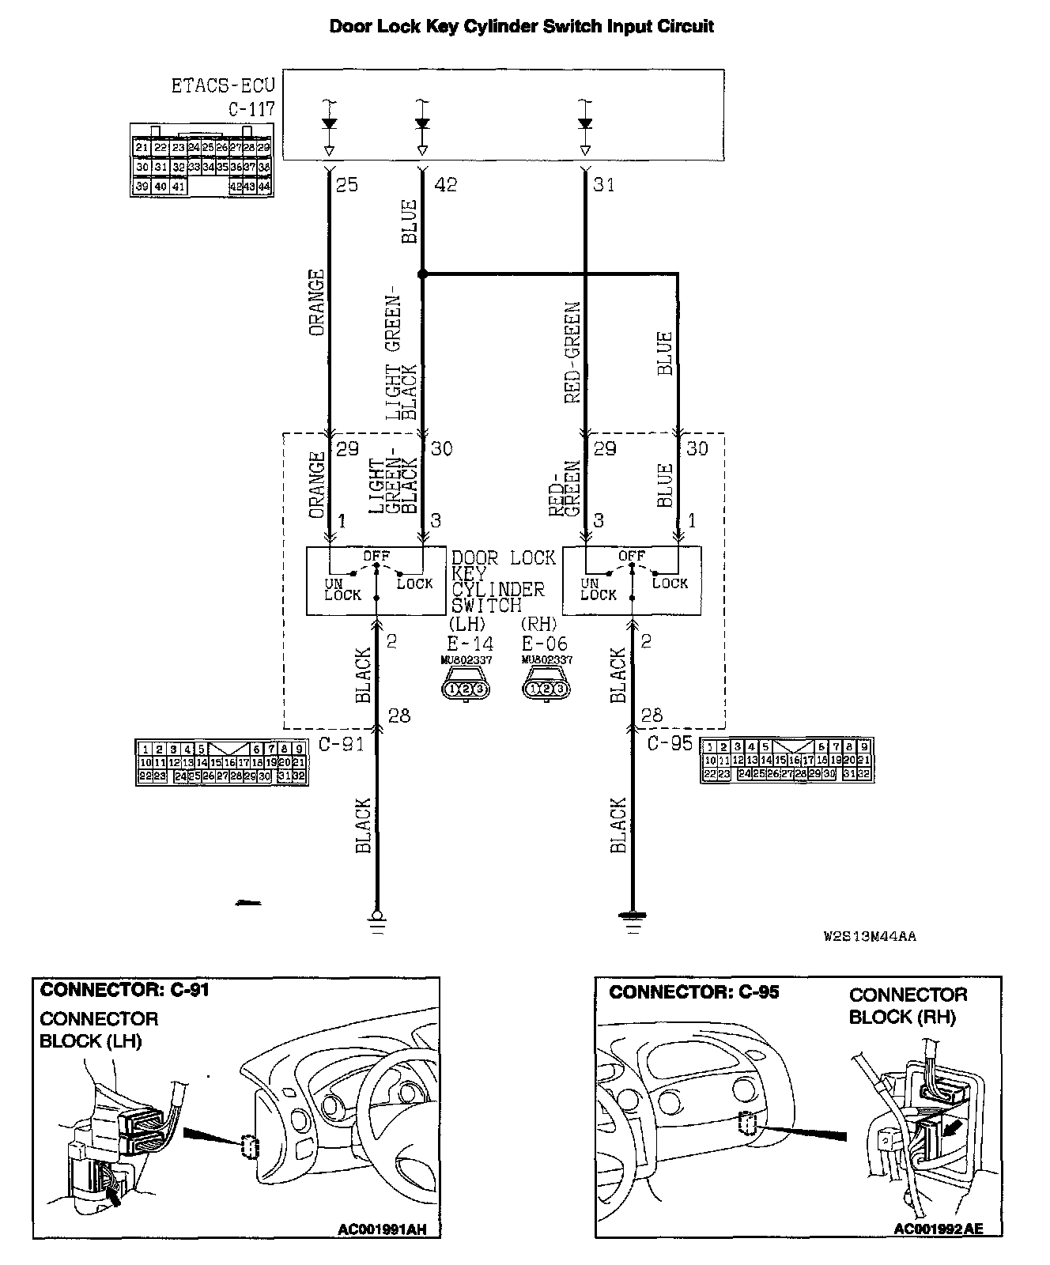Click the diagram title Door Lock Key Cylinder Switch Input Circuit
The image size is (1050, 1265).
[521, 26]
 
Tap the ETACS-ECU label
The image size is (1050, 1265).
[222, 85]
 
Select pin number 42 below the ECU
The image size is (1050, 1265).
[445, 184]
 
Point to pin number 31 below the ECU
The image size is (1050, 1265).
[603, 184]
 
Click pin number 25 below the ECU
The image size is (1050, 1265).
[346, 184]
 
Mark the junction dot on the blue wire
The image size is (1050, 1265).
[422, 274]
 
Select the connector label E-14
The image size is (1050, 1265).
[469, 644]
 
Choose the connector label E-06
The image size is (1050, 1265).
[545, 644]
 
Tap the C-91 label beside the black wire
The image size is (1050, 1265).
[340, 744]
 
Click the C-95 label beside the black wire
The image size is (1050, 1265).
[670, 744]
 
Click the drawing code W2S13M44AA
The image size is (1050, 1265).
[870, 937]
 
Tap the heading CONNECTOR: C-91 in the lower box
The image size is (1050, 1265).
[124, 990]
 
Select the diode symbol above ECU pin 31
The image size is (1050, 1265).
[585, 123]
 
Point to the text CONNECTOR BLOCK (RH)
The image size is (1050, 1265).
[908, 1006]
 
